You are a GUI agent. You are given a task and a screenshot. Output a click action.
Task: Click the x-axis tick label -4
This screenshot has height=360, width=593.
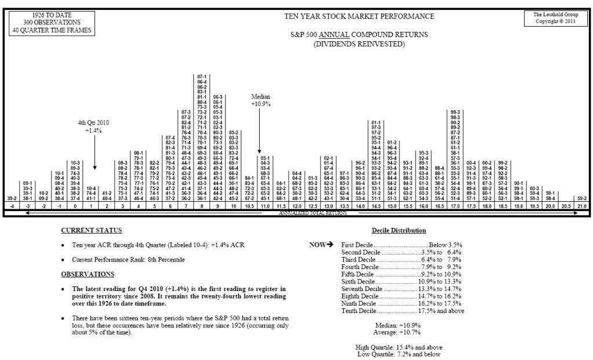11,206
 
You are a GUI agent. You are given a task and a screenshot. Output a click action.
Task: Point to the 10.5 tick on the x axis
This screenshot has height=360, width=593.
249,206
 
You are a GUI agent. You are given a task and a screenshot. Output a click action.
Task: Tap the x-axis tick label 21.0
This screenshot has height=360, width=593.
581,206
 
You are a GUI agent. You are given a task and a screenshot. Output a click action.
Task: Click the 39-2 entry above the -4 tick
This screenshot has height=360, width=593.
11,198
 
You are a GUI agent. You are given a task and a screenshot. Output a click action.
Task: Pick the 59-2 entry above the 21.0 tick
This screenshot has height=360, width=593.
581,198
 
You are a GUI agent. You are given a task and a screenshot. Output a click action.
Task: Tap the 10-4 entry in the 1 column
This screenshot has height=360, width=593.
91,188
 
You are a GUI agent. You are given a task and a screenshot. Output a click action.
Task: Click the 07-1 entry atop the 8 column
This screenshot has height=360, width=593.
202,77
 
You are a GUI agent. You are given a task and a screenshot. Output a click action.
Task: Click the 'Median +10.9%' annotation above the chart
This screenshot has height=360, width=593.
260,100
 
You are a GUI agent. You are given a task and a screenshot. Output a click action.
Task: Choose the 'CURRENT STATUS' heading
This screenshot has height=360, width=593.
88,230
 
